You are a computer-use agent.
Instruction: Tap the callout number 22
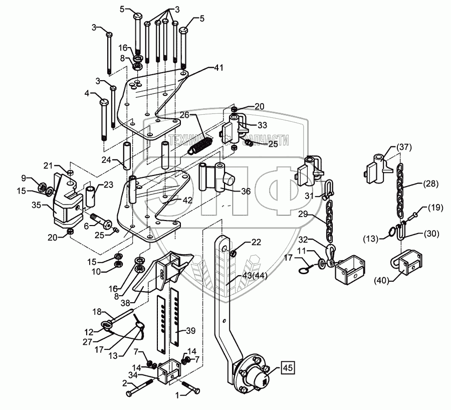(x=256, y=243)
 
